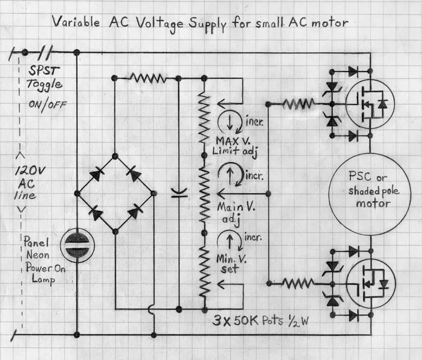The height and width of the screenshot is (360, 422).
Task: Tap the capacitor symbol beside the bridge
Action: [179, 193]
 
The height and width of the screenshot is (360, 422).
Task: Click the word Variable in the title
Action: [75, 22]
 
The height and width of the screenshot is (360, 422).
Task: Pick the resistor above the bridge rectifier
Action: [148, 78]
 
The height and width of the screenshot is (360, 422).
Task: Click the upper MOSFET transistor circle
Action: [366, 103]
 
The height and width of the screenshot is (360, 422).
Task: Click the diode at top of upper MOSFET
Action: [352, 71]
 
